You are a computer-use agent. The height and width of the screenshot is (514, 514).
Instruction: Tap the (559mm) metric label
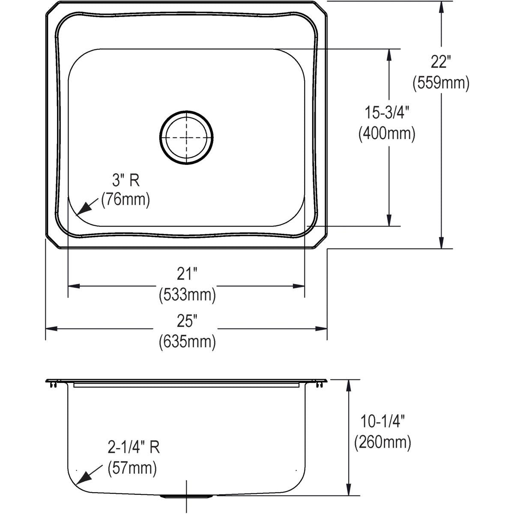(441, 83)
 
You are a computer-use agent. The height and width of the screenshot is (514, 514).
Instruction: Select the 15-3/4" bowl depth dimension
(387, 112)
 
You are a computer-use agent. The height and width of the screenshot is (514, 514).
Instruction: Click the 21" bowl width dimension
(187, 274)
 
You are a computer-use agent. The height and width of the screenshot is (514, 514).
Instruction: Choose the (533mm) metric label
(187, 295)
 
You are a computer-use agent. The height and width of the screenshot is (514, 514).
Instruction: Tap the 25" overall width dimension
(187, 321)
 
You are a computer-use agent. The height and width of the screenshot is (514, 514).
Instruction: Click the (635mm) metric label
(187, 342)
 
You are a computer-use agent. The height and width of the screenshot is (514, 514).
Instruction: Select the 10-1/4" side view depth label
(383, 421)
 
